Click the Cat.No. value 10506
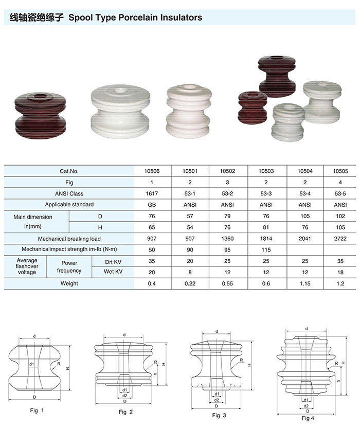click(152, 171)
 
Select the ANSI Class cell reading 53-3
click(266, 193)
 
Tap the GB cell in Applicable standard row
click(152, 205)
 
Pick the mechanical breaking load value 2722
click(340, 238)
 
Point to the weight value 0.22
click(190, 283)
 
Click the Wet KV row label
click(113, 271)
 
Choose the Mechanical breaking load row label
click(69, 239)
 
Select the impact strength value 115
click(266, 249)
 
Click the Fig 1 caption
click(37, 411)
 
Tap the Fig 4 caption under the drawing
click(308, 418)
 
